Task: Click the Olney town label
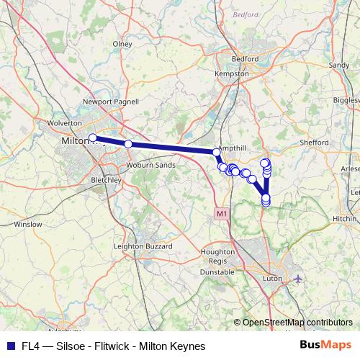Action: (122, 44)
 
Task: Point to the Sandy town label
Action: (338, 65)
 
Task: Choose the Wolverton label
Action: (67, 123)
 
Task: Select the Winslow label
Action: (28, 224)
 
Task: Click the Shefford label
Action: (314, 143)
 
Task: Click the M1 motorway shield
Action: (220, 214)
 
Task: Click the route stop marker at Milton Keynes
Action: (92, 138)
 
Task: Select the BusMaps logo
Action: (330, 345)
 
